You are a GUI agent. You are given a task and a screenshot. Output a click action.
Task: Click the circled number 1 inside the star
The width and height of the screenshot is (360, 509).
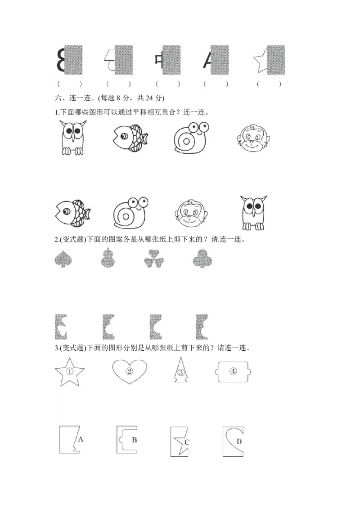point(69,371)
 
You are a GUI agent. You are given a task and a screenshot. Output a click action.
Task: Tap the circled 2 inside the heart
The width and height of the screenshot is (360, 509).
point(129,371)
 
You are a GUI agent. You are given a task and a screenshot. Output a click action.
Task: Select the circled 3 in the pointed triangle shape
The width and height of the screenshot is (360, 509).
point(180,372)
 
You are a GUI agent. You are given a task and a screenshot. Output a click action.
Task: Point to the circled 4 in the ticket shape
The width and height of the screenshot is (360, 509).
point(233,371)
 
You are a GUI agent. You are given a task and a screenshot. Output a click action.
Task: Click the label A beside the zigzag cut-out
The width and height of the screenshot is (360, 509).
point(81,439)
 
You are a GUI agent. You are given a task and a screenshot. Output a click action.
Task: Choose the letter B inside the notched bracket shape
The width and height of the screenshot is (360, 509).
point(134,440)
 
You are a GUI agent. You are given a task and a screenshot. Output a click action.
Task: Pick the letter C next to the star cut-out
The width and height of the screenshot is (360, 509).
point(187,442)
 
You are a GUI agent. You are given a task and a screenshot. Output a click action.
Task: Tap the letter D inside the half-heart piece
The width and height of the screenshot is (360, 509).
point(239,442)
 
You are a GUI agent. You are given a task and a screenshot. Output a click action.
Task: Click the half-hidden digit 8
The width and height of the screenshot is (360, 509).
point(60,61)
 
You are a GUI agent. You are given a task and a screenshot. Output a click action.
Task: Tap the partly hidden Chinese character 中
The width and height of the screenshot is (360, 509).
point(158,60)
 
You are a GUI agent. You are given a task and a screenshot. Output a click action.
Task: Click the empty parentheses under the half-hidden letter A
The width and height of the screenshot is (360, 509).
point(216,84)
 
